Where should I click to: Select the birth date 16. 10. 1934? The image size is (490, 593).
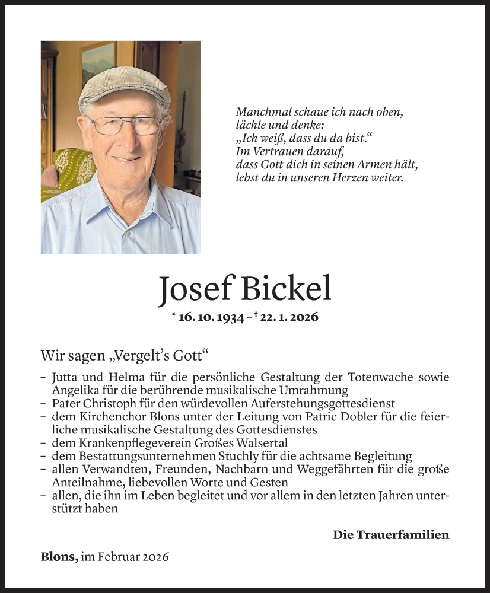[212, 317]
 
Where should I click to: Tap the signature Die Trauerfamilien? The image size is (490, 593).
[391, 535]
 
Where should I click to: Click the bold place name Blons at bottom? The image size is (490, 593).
[58, 557]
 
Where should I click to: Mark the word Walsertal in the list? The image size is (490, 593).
[245, 443]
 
